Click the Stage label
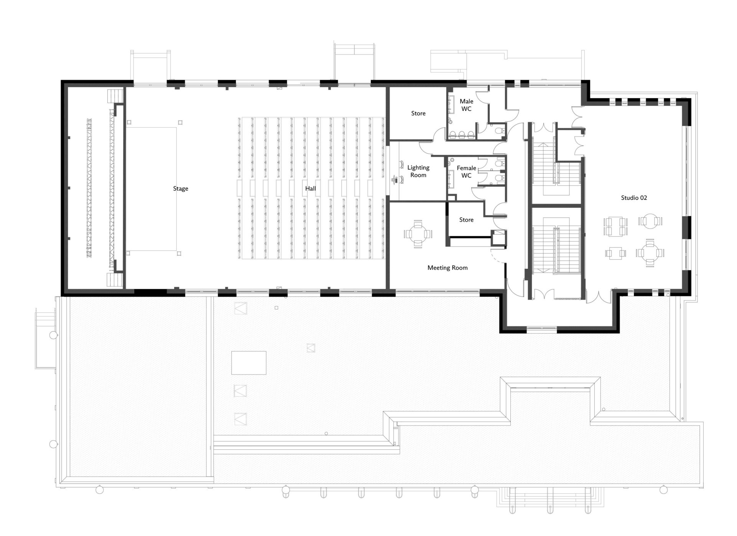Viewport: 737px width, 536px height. pyautogui.click(x=181, y=189)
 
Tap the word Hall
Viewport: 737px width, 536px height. pyautogui.click(x=311, y=188)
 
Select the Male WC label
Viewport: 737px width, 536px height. pyautogui.click(x=466, y=105)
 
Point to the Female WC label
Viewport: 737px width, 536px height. pyautogui.click(x=466, y=172)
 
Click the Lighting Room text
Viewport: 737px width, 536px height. pyautogui.click(x=418, y=171)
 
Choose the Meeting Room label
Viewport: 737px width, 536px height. pyautogui.click(x=447, y=268)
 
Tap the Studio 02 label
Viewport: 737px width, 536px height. pyautogui.click(x=634, y=198)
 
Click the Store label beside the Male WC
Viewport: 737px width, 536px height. pyautogui.click(x=418, y=113)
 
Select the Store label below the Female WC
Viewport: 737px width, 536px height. pyautogui.click(x=466, y=220)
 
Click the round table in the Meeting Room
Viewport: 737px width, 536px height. pyautogui.click(x=418, y=233)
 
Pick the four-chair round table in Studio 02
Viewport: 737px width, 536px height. pyautogui.click(x=650, y=253)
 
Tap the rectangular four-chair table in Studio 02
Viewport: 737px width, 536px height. pyautogui.click(x=616, y=226)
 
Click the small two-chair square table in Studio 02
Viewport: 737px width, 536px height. pyautogui.click(x=615, y=253)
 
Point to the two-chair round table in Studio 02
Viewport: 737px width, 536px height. pyautogui.click(x=650, y=221)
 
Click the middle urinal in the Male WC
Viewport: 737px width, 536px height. pyautogui.click(x=461, y=134)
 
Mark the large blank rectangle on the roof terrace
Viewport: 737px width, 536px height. pyautogui.click(x=249, y=363)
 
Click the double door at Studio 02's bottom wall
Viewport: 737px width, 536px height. pyautogui.click(x=599, y=298)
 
